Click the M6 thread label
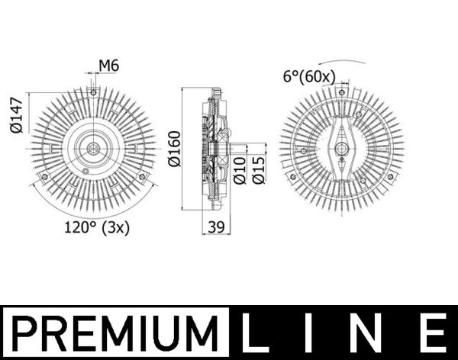[x=110, y=66]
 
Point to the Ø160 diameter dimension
[x=173, y=150]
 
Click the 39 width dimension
[x=215, y=227]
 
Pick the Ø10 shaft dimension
[x=239, y=169]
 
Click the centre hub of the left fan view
[x=92, y=149]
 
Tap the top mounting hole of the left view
[x=92, y=93]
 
